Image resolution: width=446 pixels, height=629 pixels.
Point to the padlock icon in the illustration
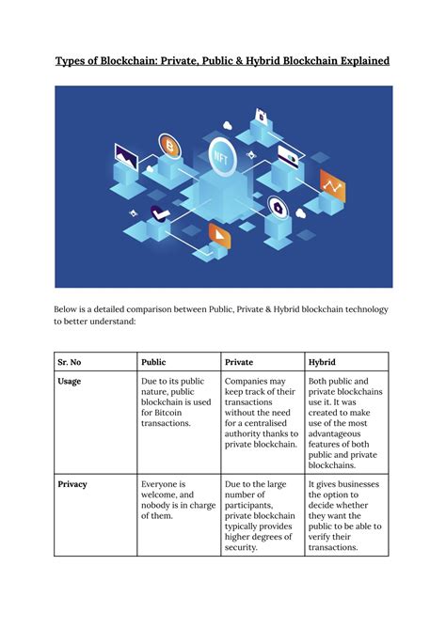coord(260,117)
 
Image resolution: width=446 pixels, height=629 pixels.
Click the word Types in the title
coord(74,61)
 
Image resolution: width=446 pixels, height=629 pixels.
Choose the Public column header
coord(153,361)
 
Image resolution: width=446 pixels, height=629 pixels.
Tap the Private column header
coord(239,361)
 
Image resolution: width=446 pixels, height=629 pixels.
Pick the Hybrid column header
coord(323,361)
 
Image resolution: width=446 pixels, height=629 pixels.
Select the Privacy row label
coord(72,484)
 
